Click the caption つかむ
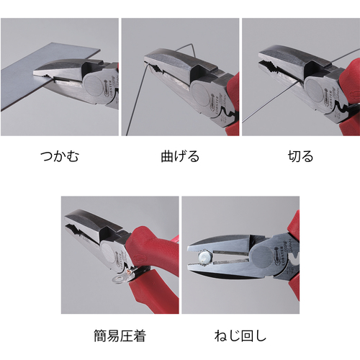click(60, 156)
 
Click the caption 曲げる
click(180, 156)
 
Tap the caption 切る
click(300, 156)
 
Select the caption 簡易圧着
click(120, 336)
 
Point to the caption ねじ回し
click(240, 336)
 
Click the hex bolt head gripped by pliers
click(205, 257)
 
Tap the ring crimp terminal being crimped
click(121, 278)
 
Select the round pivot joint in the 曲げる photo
click(200, 94)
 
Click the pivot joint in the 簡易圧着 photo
click(109, 251)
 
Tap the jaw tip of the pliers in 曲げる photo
click(145, 59)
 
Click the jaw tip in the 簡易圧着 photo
click(67, 220)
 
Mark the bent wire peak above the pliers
click(191, 45)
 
